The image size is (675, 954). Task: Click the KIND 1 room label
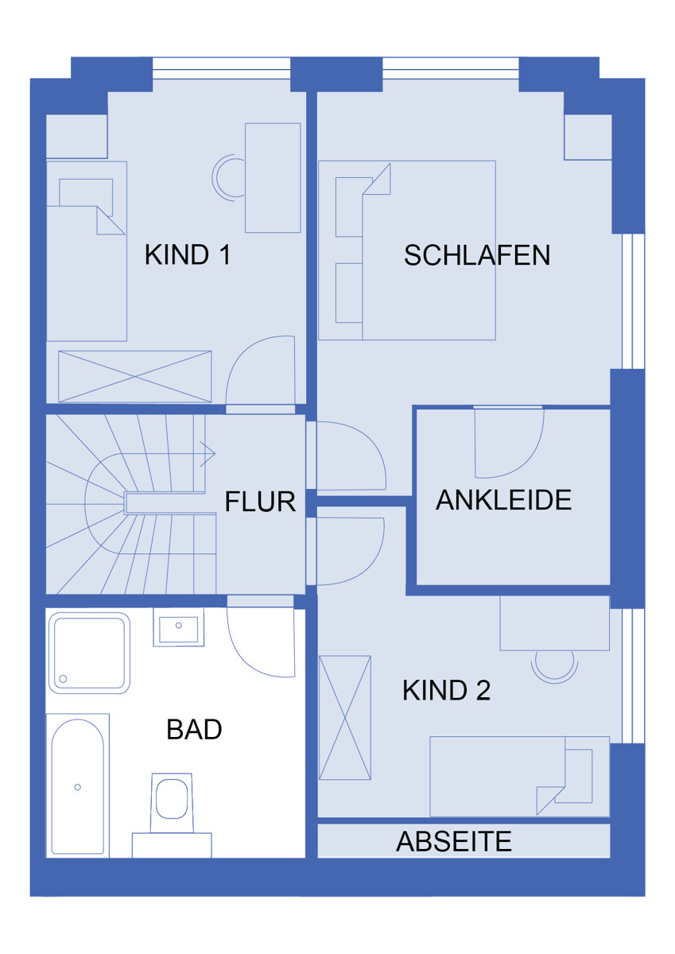pyautogui.click(x=188, y=254)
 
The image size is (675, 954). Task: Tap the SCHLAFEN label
pyautogui.click(x=476, y=255)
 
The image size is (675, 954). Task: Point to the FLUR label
pyautogui.click(x=260, y=502)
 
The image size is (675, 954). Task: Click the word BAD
pyautogui.click(x=194, y=729)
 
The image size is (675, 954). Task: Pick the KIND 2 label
pyautogui.click(x=446, y=690)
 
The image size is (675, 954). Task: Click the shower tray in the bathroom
pyautogui.click(x=89, y=653)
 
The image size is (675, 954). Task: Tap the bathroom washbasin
pyautogui.click(x=178, y=626)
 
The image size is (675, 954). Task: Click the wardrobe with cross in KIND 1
pyautogui.click(x=135, y=377)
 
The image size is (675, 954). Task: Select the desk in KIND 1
pyautogui.click(x=273, y=178)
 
